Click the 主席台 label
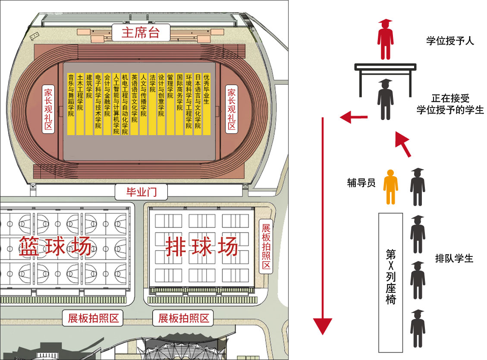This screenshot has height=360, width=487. pos(141,32)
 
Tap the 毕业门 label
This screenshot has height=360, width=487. pos(141,192)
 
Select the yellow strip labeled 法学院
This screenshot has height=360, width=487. pos(152,104)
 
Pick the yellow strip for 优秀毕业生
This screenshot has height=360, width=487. pos(207,104)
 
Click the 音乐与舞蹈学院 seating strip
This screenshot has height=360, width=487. pos(71,104)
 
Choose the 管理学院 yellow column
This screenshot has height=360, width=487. pos(170,104)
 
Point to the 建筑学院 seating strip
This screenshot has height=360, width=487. pos(89,104)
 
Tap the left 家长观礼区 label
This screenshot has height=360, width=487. pos(48,109)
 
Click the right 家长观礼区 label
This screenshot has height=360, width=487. pos(231,109)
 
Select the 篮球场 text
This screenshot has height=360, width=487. pos(55,246)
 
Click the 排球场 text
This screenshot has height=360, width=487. pos(202,246)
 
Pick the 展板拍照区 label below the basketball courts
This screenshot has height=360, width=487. pos(93,318)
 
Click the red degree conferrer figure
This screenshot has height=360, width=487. pos(386,39)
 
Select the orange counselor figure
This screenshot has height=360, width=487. pos(390,187)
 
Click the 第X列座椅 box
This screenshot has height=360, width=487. pos(390,283)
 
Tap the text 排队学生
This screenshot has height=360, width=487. pos(454,258)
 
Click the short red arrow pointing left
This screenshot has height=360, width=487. pos(354,117)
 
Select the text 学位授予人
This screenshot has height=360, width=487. pos(450,41)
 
